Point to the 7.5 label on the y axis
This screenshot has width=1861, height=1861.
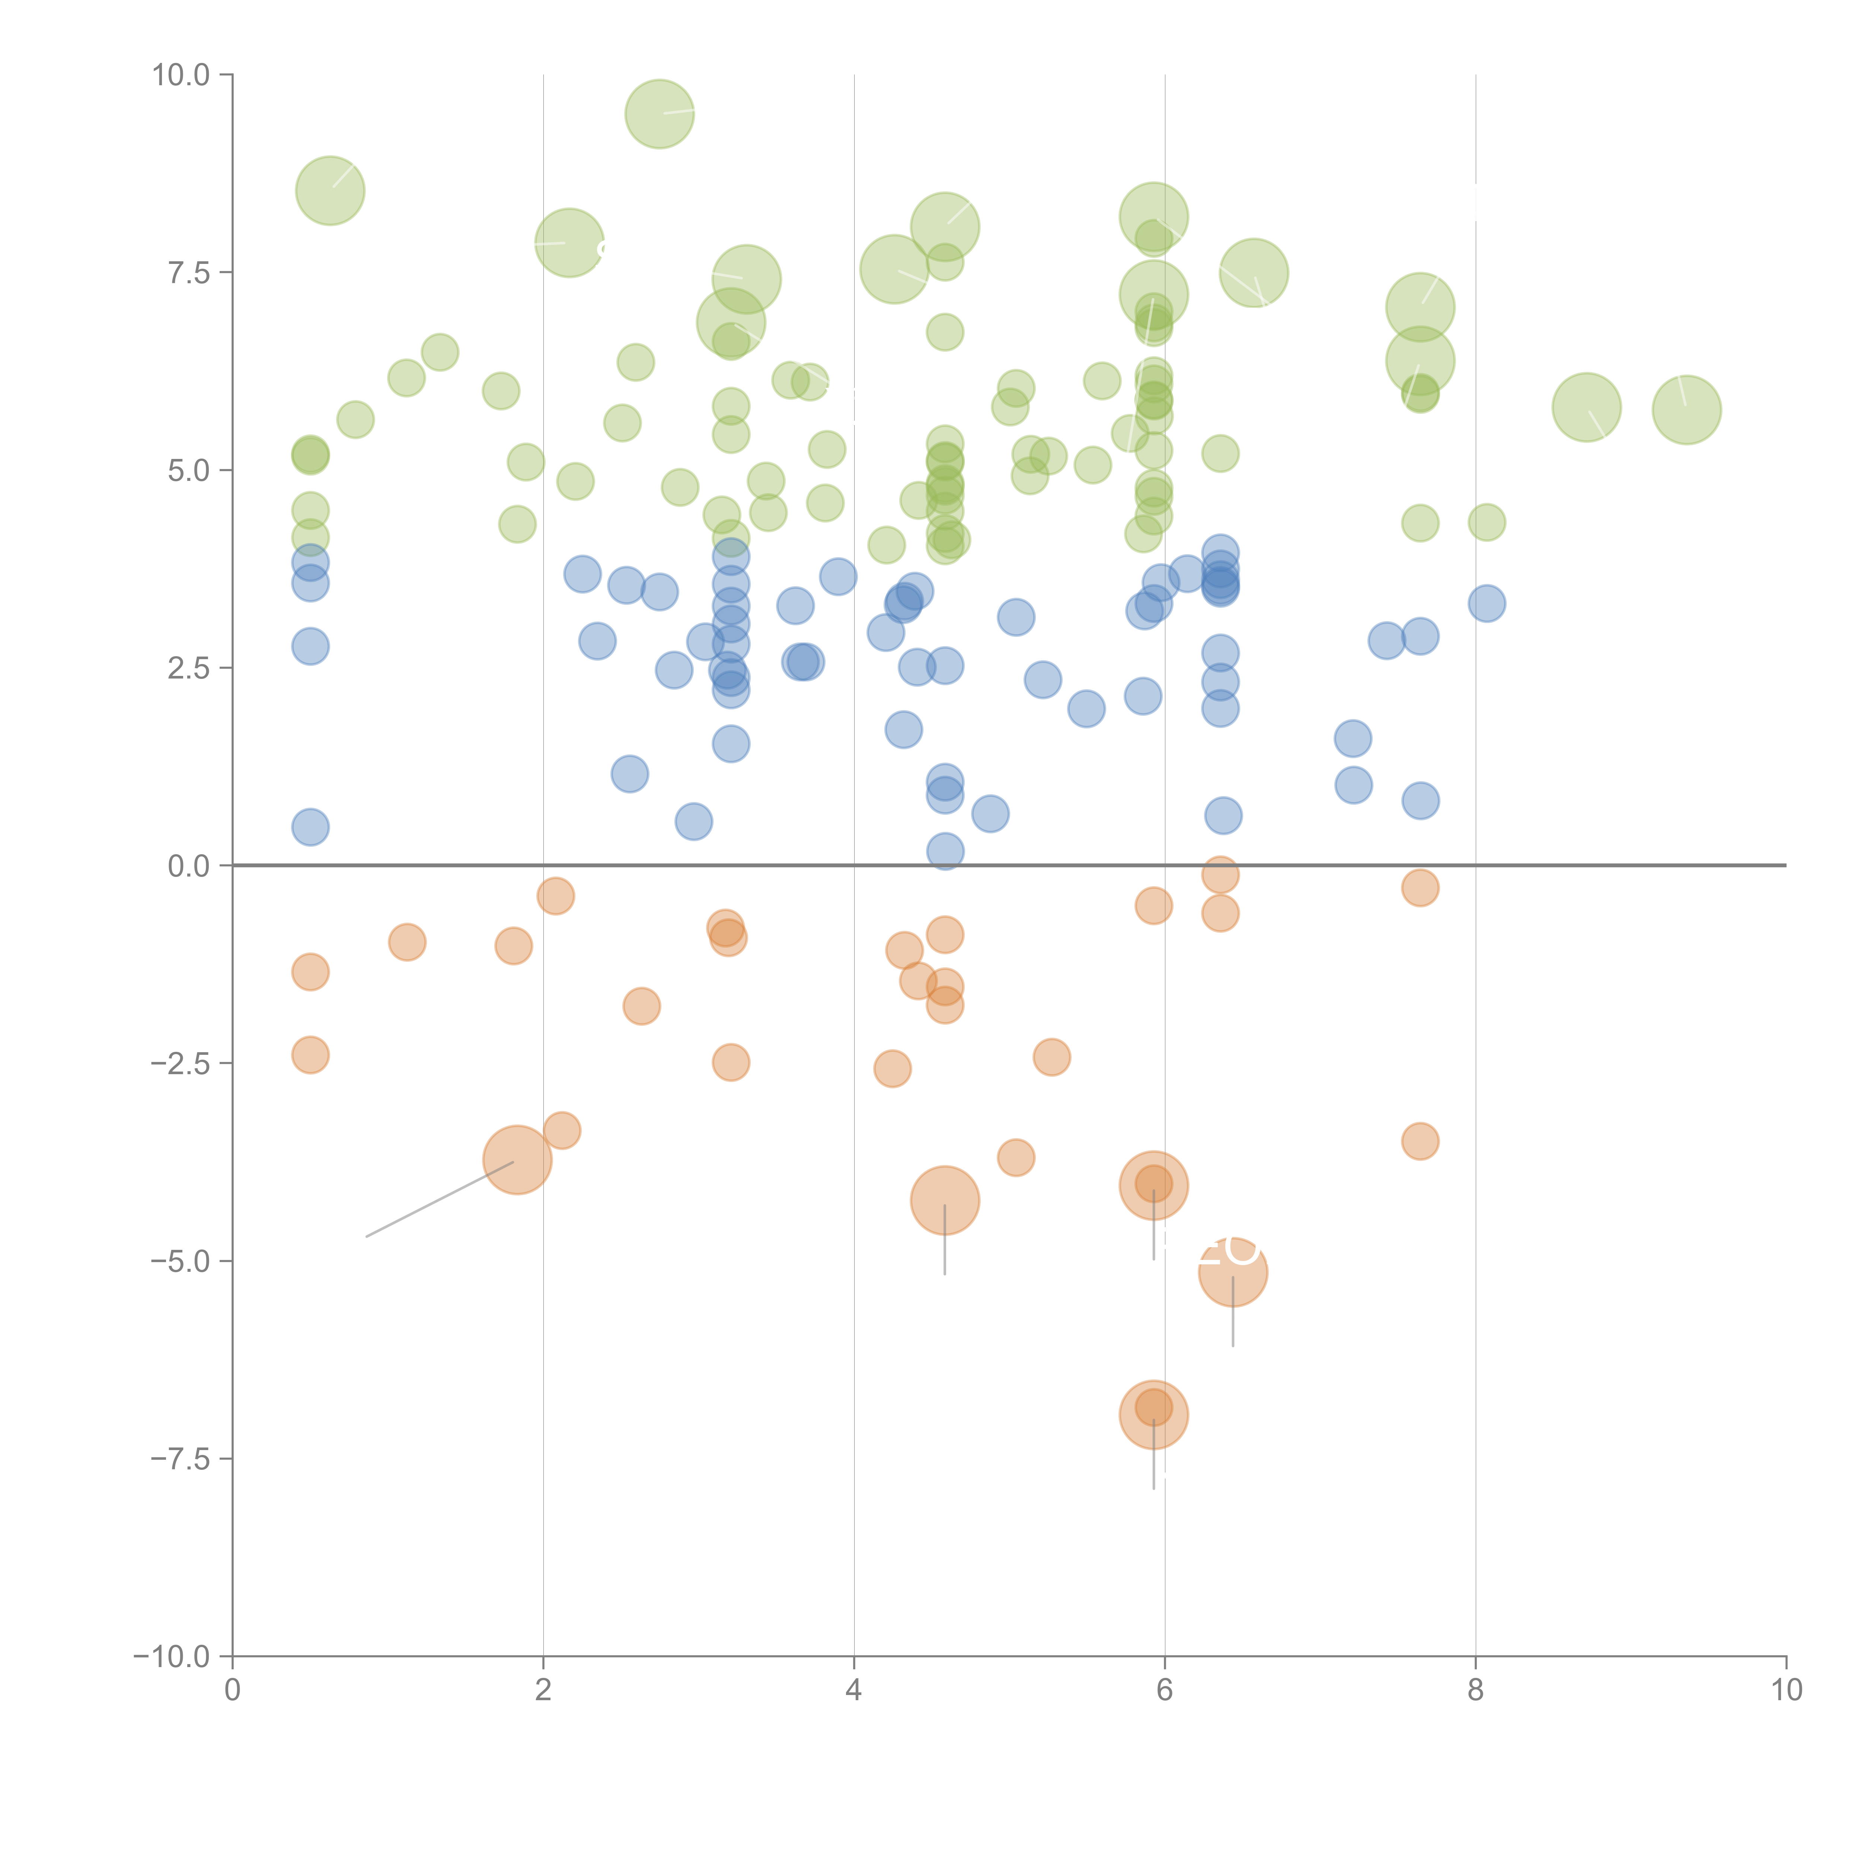point(188,272)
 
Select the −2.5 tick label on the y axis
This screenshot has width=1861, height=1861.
point(180,1063)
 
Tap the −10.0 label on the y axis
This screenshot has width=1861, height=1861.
point(172,1657)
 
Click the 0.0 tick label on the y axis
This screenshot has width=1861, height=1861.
point(188,866)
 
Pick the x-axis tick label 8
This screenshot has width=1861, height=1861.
point(1476,1691)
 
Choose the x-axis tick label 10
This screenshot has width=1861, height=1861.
point(1786,1691)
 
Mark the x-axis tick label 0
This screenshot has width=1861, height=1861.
point(232,1691)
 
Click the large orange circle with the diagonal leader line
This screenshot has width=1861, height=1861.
point(517,1160)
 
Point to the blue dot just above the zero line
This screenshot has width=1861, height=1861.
point(945,850)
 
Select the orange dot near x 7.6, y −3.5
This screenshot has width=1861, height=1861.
point(1420,1142)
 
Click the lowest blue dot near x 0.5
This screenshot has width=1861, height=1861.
point(310,826)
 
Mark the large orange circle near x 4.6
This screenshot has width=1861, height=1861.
point(945,1200)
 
